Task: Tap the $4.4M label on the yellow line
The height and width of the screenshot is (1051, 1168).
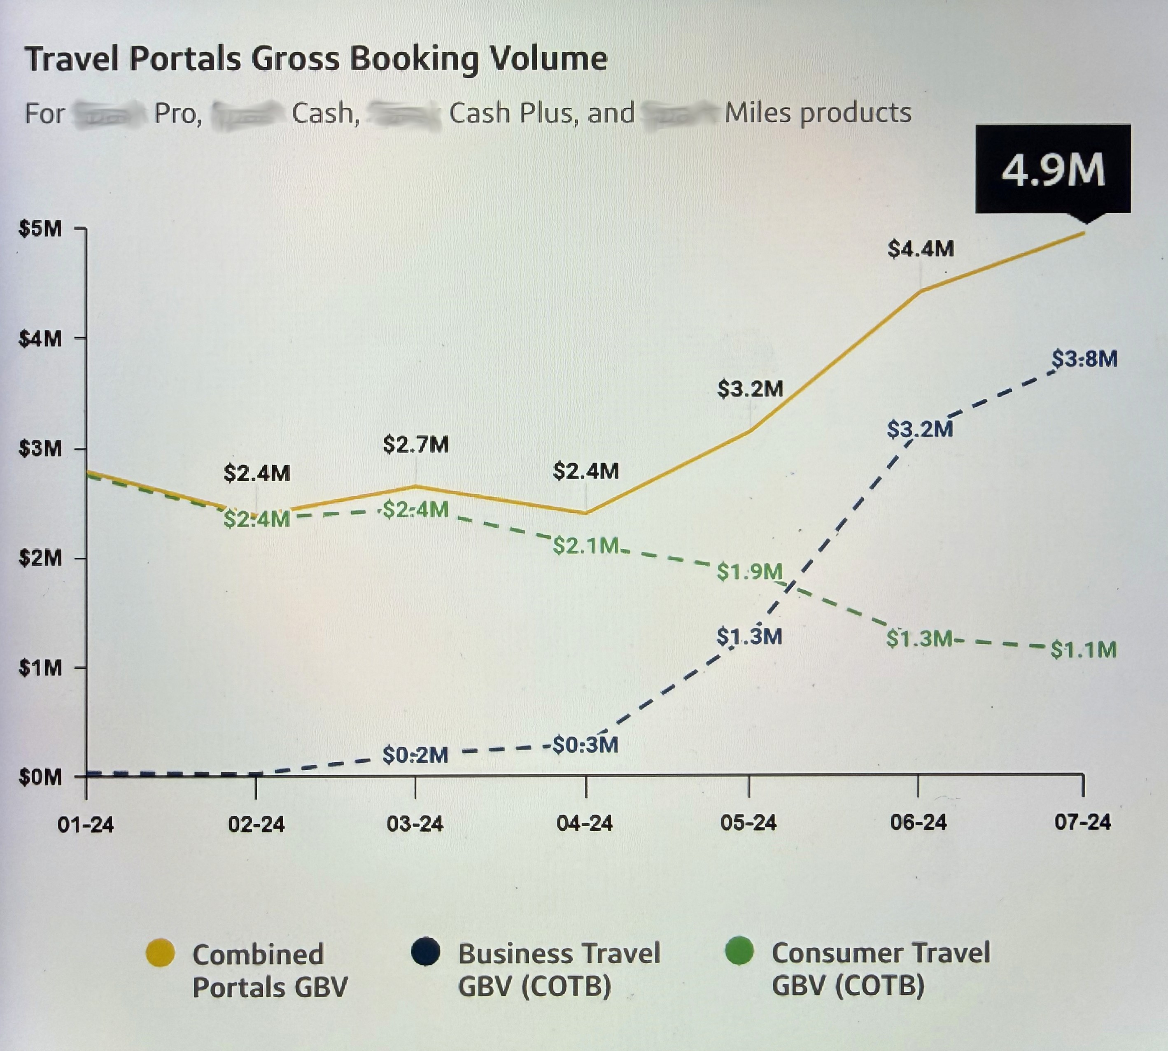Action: [x=920, y=249]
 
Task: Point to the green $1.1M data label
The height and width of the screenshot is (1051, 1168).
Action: [x=1083, y=650]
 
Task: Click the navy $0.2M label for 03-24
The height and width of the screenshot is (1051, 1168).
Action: [x=415, y=755]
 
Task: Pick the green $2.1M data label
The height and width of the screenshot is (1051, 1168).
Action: [x=585, y=546]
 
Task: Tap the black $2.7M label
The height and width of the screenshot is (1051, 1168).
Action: [x=415, y=445]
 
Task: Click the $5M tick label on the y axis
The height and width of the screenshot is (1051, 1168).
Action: [x=40, y=228]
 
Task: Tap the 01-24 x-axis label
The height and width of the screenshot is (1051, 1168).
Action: [x=86, y=825]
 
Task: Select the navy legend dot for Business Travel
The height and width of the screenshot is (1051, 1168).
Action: [x=426, y=951]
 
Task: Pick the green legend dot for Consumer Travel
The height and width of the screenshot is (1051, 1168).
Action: [x=739, y=951]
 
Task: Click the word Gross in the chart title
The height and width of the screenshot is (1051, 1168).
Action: [x=296, y=59]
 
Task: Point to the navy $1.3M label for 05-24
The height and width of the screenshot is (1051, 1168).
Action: [x=749, y=636]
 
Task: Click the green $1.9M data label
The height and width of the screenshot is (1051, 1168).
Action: [x=749, y=572]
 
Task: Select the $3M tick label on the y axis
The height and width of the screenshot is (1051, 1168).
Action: [x=40, y=449]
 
